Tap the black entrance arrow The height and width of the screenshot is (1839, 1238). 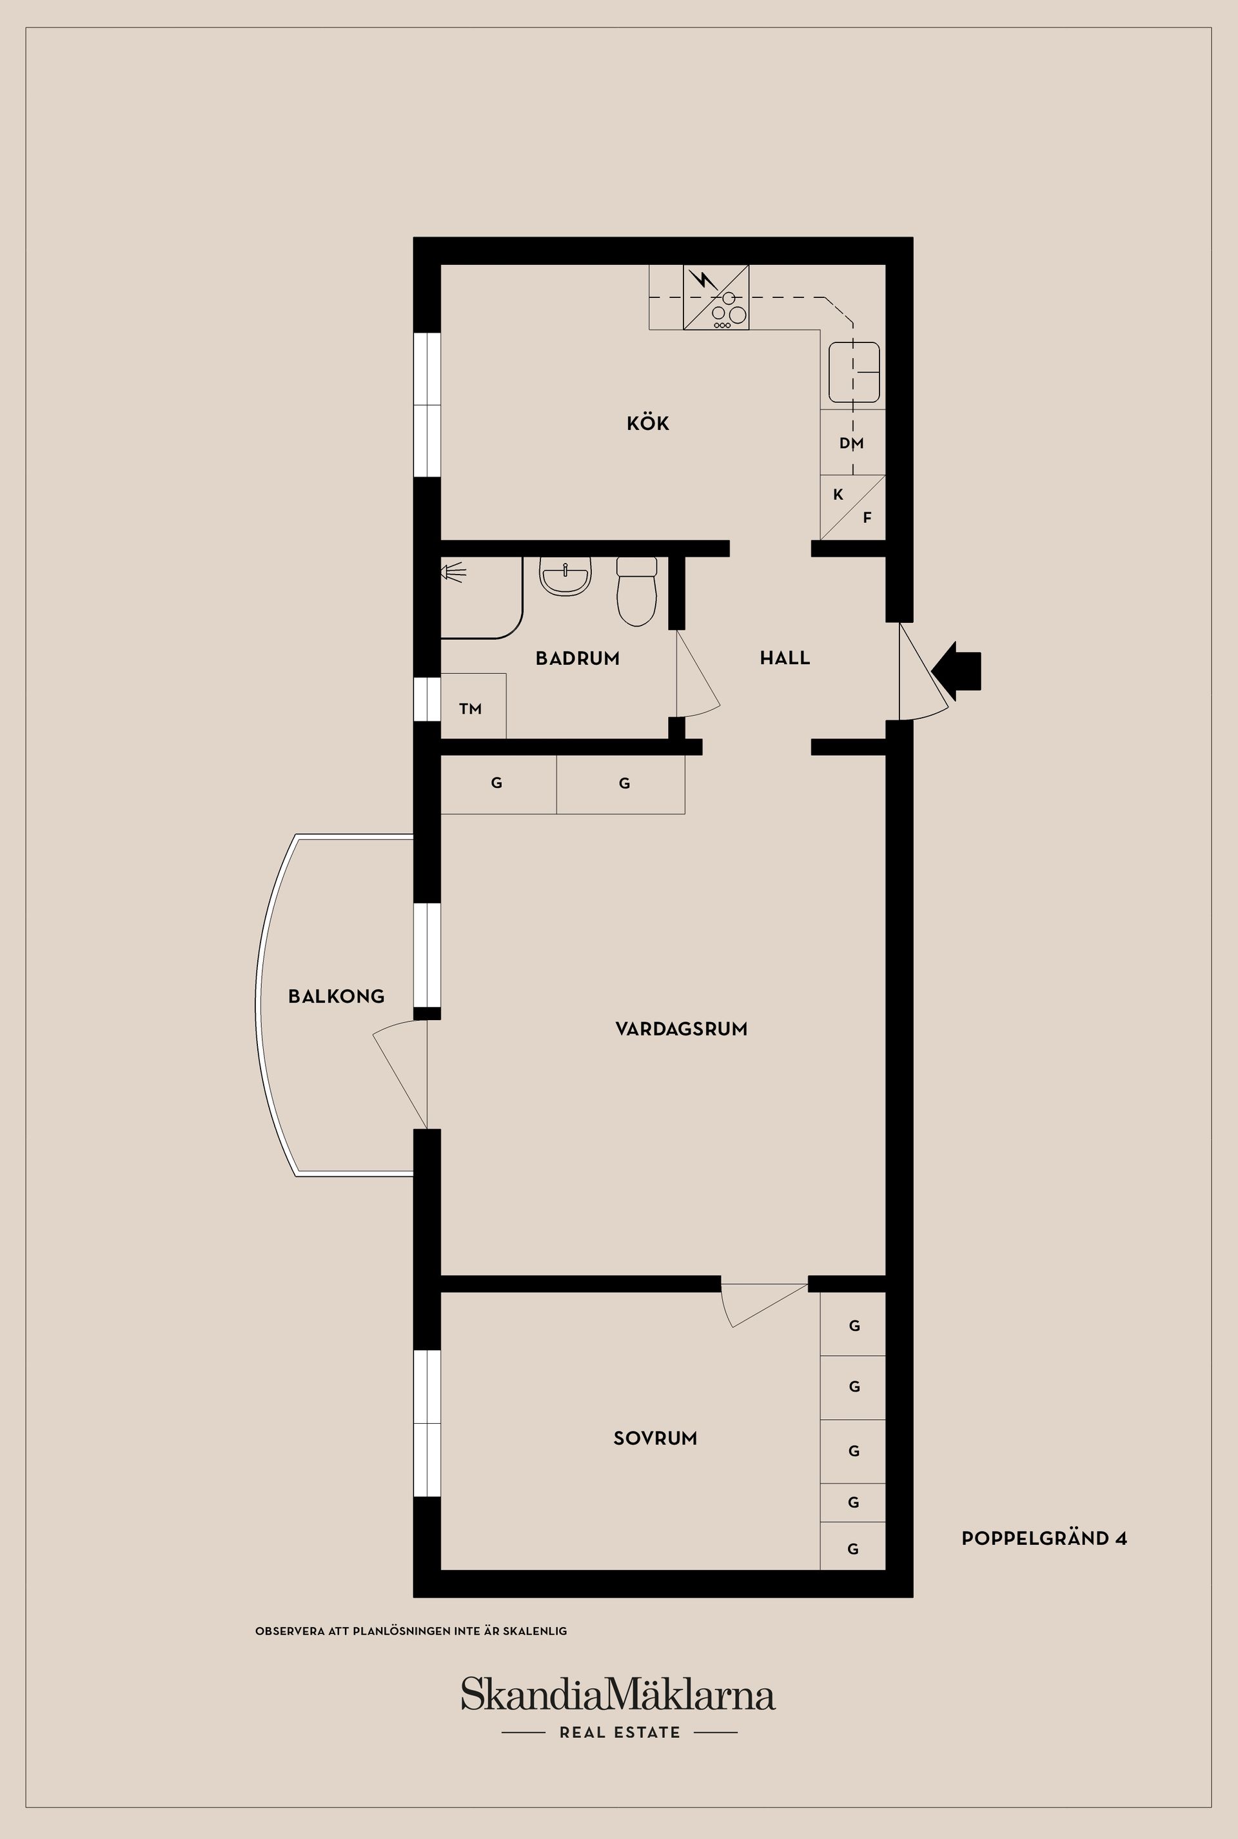pos(957,671)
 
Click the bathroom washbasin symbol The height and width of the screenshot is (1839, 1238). pos(565,576)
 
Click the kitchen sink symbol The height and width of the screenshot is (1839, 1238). pos(854,372)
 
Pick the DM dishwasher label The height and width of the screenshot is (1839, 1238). pos(851,443)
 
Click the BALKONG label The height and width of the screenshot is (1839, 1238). pos(337,996)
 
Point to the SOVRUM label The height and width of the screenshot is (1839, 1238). pos(654,1439)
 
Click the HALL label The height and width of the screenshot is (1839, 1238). pos(784,658)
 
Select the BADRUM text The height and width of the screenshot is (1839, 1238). pos(577,658)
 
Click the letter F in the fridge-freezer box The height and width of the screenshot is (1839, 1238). pos(867,518)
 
